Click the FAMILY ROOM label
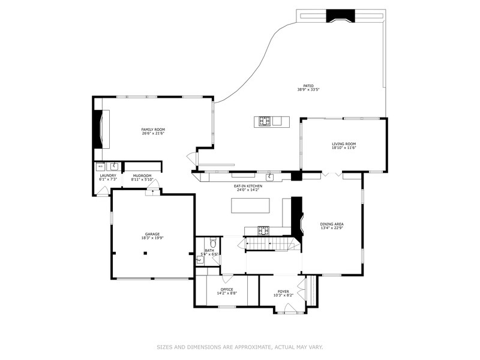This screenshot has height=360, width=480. point(153,130)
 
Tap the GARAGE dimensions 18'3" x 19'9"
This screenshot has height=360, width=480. point(152,238)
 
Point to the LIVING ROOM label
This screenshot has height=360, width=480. point(344,144)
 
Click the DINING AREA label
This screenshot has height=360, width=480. point(331,223)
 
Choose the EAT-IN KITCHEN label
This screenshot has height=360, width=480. point(248,186)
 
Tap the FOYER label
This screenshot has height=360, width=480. point(283,292)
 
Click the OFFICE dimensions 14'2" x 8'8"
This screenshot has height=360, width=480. point(226,293)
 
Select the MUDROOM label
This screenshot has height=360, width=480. point(142,176)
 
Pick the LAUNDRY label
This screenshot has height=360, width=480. point(107,176)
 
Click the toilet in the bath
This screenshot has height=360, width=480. point(200,260)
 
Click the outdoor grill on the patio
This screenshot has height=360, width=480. point(265,121)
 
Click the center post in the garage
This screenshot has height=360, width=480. point(145,253)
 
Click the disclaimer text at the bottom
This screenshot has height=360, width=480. point(240,347)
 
